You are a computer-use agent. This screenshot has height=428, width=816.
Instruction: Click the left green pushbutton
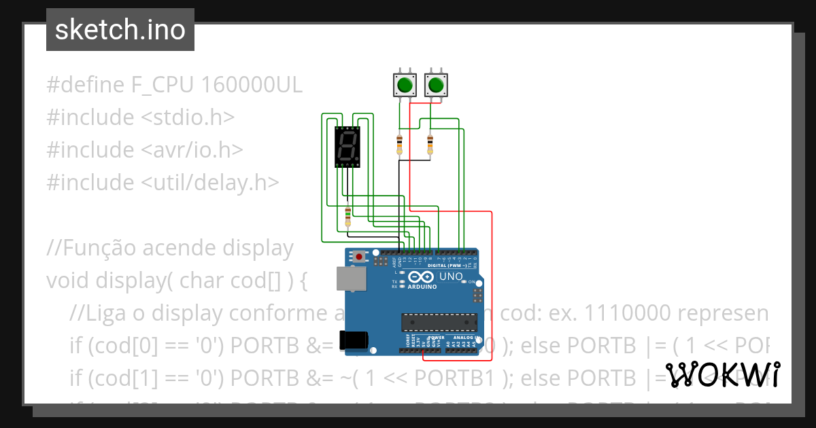(405, 86)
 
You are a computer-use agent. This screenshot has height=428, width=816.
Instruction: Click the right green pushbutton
(436, 86)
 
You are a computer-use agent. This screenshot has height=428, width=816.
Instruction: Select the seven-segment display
(347, 146)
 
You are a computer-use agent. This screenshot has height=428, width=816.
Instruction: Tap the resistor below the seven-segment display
(348, 217)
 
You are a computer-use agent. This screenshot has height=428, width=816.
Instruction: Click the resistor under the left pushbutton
(399, 144)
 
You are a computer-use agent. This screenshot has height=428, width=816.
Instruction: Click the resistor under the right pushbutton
(430, 144)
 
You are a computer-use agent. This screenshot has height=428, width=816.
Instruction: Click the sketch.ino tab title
(120, 30)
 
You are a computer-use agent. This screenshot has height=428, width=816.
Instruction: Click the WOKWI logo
(722, 374)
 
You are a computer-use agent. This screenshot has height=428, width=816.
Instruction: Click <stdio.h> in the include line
(188, 118)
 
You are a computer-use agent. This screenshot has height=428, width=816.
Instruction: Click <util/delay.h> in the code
(210, 182)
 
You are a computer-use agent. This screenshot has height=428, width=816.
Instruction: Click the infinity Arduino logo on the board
(420, 277)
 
